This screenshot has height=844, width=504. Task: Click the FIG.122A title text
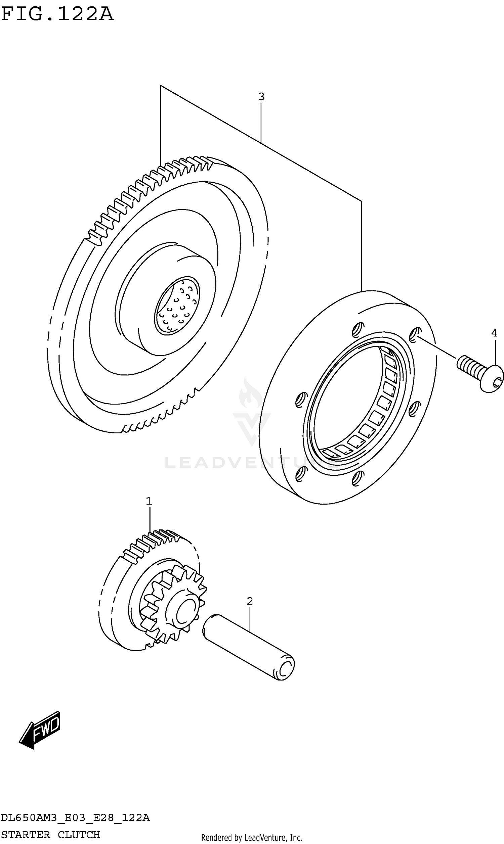tap(57, 14)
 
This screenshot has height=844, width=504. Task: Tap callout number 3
tap(261, 97)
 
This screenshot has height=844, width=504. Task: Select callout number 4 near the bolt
tap(494, 333)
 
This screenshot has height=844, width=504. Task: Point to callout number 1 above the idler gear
tap(149, 501)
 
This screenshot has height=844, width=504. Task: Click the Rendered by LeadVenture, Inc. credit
tap(252, 838)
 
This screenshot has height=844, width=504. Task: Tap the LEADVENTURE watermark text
tap(251, 463)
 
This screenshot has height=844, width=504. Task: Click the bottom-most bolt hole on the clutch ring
tap(356, 478)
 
